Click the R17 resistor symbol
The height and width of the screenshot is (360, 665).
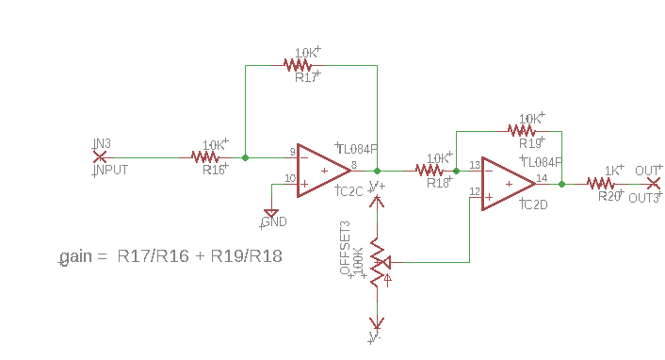298,65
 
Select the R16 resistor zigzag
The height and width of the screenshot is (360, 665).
205,157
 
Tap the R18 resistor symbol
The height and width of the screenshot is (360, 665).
430,171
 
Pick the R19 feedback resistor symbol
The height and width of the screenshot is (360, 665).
521,131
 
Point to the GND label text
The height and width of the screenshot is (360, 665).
274,222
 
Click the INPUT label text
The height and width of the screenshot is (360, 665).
110,171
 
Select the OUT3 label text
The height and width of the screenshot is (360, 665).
643,198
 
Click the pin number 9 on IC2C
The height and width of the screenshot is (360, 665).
292,152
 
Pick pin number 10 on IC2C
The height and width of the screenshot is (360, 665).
291,178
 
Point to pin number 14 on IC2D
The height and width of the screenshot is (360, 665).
542,177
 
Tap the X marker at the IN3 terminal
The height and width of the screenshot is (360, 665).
100,156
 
